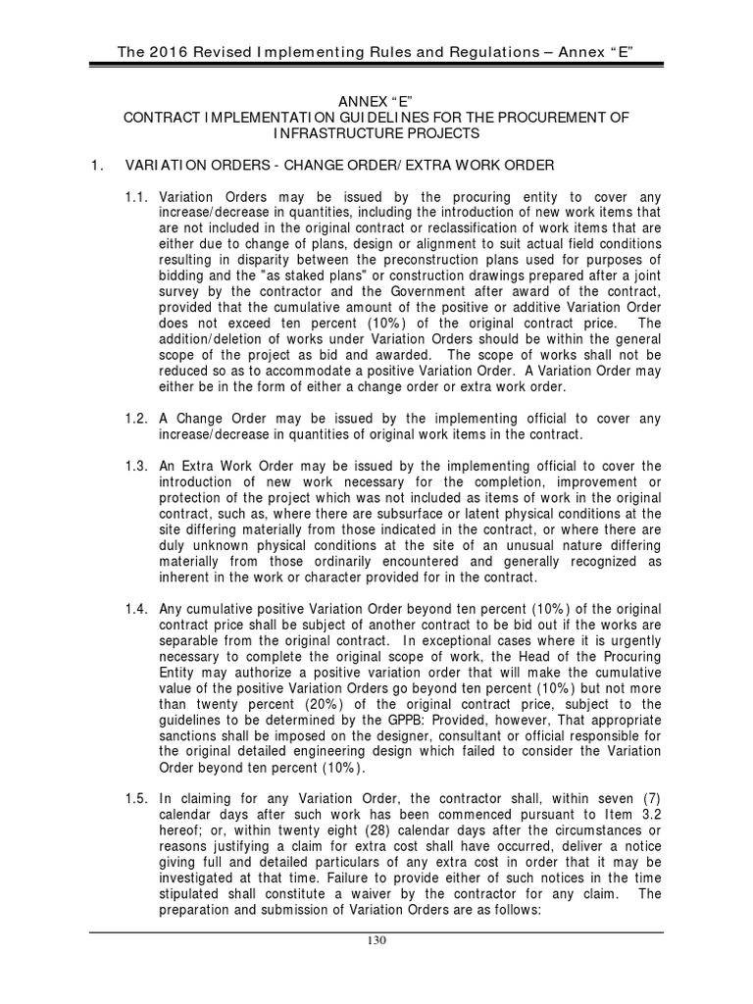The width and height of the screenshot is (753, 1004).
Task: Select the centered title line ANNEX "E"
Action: tap(376, 101)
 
